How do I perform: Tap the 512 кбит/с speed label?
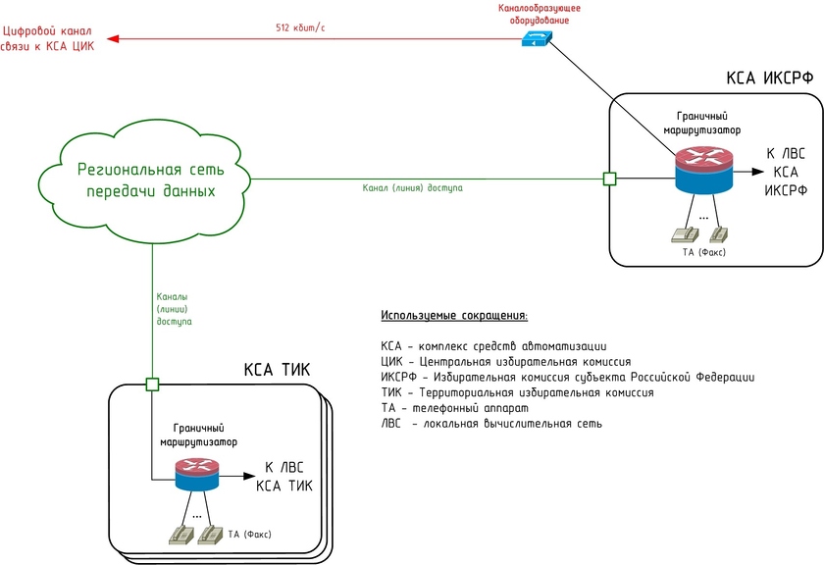pos(300,27)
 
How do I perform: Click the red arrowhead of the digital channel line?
pos(113,39)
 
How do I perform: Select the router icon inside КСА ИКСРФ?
pos(703,170)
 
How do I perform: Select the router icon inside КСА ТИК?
pos(196,476)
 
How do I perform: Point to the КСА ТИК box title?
pos(277,370)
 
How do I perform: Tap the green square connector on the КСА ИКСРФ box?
pos(609,179)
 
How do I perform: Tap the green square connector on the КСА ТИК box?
pos(152,384)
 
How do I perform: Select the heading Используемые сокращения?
pos(453,316)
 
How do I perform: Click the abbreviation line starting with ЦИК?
pos(505,361)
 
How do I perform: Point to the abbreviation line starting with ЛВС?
pos(491,424)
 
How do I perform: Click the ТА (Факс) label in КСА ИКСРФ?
pos(706,253)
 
